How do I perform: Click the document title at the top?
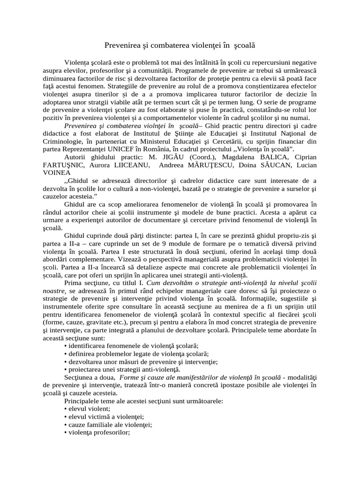[180, 46]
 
